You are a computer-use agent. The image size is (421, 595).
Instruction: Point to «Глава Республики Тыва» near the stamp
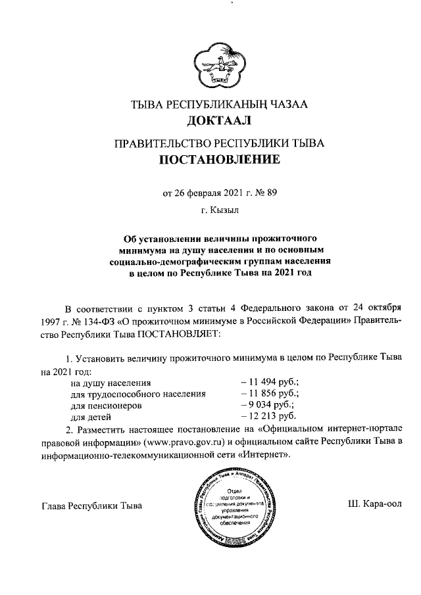(91, 506)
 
